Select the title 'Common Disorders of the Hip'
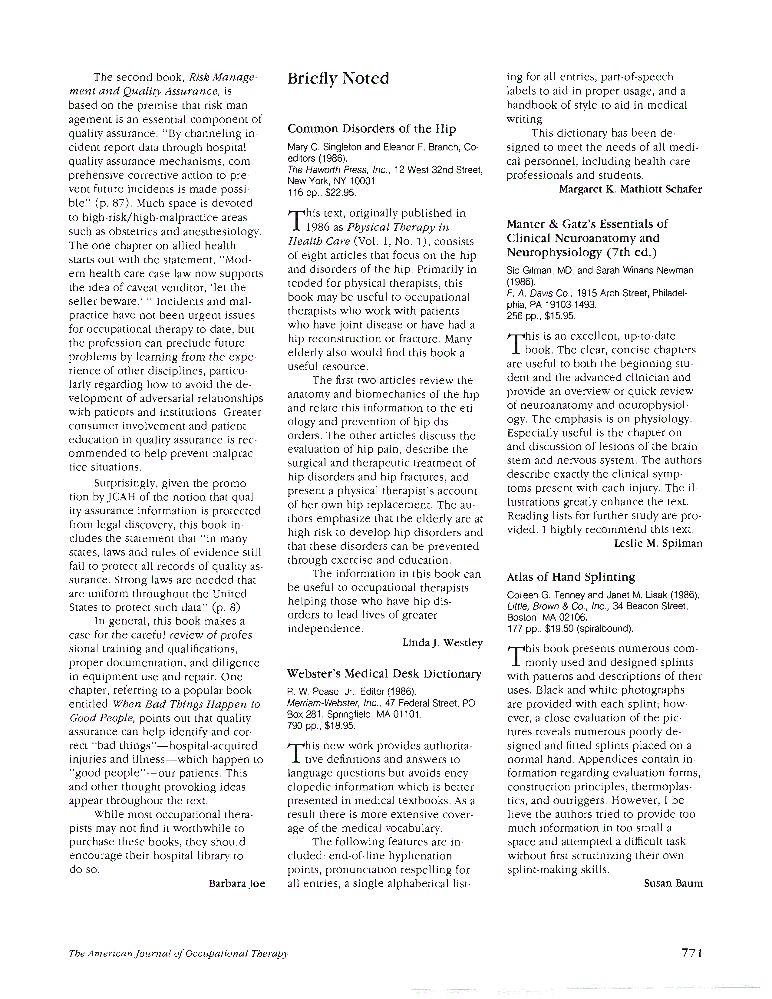371,129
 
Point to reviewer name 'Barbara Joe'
236,883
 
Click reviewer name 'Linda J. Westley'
442,643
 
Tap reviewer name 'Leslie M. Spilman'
658,543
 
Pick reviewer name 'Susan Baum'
673,883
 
